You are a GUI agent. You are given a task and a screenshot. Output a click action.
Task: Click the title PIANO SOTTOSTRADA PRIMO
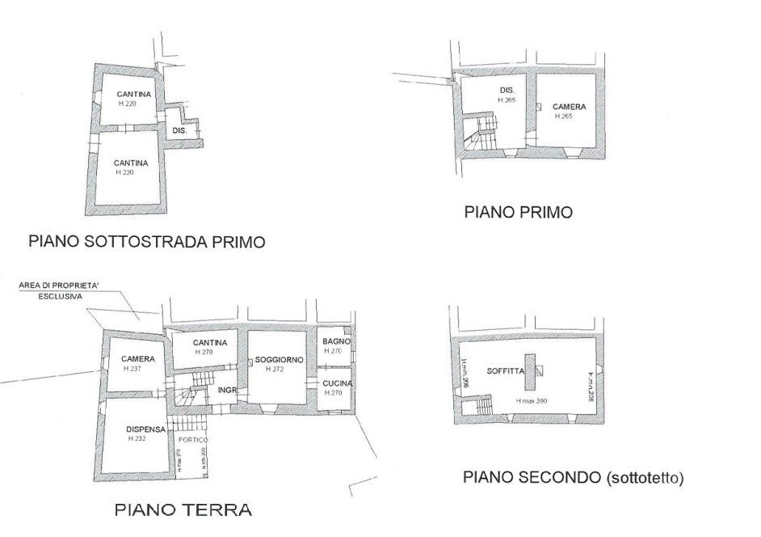point(146,241)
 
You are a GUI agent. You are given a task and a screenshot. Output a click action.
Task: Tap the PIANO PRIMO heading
point(518,213)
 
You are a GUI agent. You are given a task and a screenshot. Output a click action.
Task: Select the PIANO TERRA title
point(182,510)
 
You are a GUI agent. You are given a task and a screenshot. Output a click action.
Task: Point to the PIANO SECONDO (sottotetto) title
point(573,477)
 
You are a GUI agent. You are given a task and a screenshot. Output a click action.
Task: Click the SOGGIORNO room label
point(279,359)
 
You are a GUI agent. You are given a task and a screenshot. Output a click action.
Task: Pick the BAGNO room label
point(335,342)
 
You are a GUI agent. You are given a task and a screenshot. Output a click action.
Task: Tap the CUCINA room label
point(335,383)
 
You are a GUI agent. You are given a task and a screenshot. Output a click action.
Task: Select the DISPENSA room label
point(134,429)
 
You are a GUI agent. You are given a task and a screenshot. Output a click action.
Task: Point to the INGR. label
point(227,390)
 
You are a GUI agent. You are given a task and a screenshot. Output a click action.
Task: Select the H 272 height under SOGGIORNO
point(276,369)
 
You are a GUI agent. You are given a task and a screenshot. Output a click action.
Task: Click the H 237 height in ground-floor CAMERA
point(133,369)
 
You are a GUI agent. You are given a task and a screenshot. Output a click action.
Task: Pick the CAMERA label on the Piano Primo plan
point(570,107)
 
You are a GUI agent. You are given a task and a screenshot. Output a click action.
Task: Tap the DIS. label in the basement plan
point(179,130)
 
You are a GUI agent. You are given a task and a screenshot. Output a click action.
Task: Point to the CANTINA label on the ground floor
point(209,343)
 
